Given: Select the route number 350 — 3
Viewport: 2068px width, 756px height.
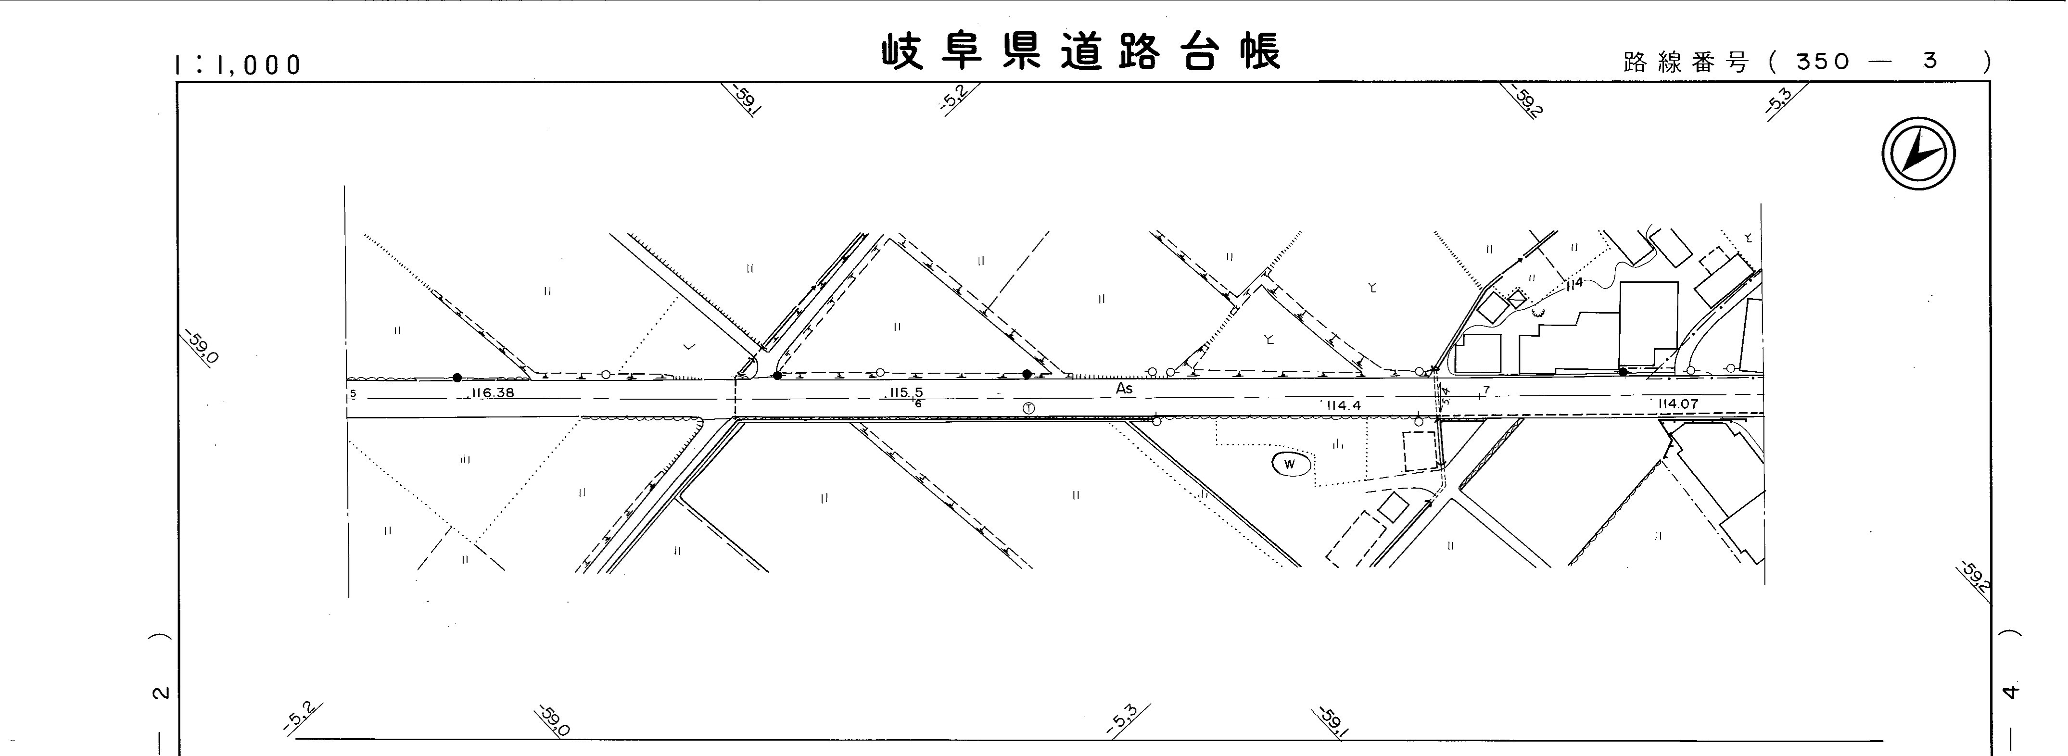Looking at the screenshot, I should click(1870, 62).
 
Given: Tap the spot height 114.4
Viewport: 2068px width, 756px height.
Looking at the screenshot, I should click(1343, 406).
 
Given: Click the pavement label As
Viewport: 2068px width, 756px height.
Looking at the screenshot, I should click(1125, 389).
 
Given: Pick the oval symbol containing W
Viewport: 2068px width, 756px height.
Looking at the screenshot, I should click(1290, 464).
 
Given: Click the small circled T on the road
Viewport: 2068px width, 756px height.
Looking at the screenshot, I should click(1028, 408).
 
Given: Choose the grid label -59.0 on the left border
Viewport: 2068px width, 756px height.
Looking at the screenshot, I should click(200, 347).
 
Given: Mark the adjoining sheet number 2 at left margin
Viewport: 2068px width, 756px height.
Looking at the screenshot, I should click(161, 692).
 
